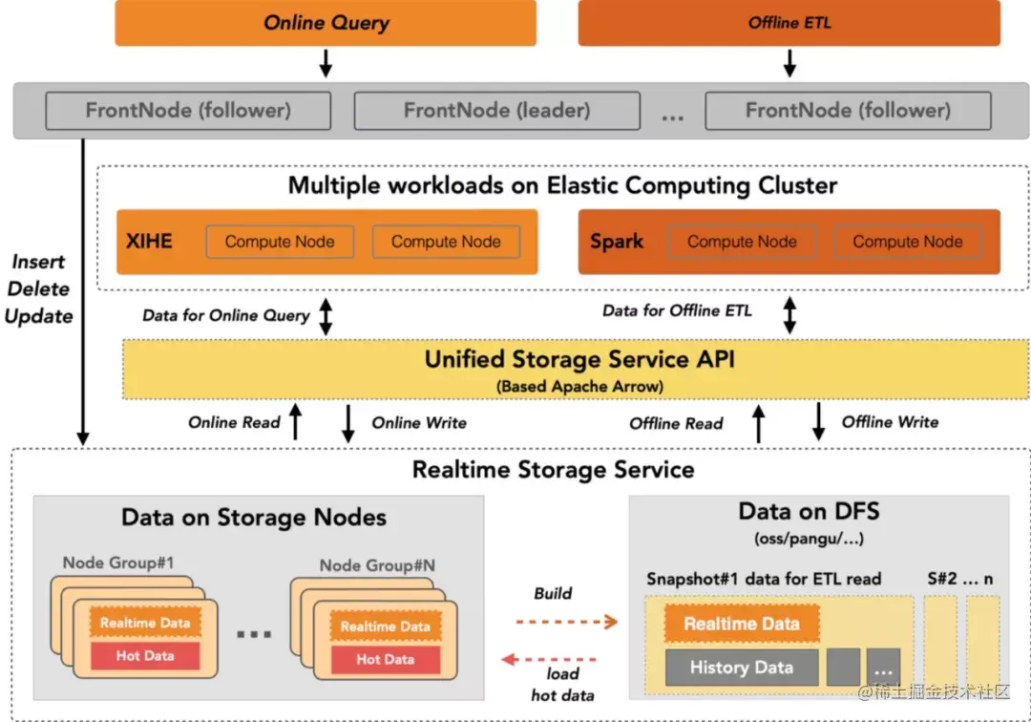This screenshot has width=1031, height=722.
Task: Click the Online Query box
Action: (x=327, y=23)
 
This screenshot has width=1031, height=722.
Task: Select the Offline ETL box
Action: (x=789, y=23)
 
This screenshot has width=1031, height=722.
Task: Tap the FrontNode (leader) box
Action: (x=496, y=111)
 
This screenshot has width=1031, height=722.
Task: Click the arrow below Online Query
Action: (x=326, y=62)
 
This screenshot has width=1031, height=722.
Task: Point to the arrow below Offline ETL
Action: (x=789, y=62)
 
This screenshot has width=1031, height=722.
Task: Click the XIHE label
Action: (x=149, y=242)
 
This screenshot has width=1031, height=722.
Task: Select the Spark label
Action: (x=617, y=242)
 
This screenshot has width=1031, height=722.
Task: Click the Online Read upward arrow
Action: (x=295, y=422)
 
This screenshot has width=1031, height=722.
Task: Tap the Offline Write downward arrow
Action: (x=818, y=421)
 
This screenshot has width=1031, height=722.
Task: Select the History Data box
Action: (x=742, y=668)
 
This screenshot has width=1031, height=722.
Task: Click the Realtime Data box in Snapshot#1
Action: (x=742, y=625)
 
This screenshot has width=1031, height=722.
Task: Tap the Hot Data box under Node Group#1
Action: (x=145, y=656)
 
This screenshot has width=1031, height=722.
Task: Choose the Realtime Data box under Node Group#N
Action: (x=385, y=626)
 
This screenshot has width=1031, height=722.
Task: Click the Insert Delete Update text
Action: (x=39, y=288)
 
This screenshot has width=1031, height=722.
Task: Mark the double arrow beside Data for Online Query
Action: (x=326, y=316)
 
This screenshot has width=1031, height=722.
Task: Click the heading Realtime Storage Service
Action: (x=554, y=470)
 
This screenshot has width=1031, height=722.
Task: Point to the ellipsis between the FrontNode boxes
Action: (x=673, y=116)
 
